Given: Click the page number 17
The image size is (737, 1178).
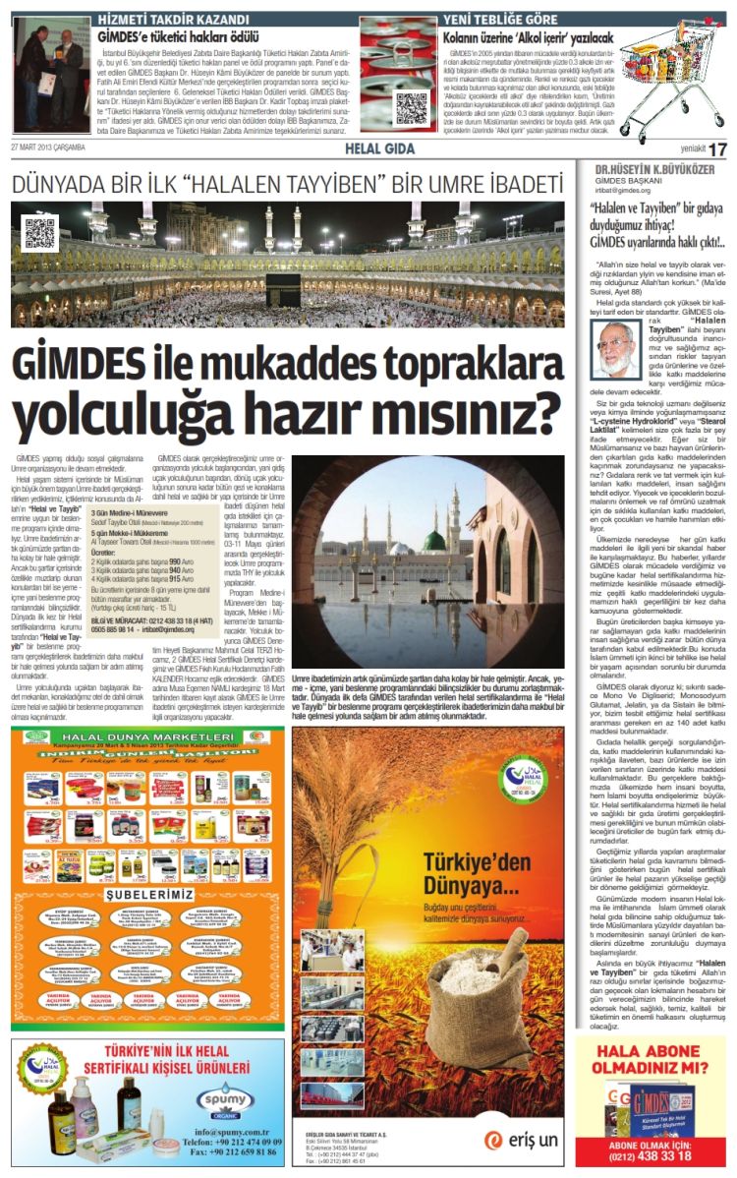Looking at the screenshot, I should point(718,148).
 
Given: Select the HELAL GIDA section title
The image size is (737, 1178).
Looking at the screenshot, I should point(372,148).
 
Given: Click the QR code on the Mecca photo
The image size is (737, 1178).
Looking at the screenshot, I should point(40,233).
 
